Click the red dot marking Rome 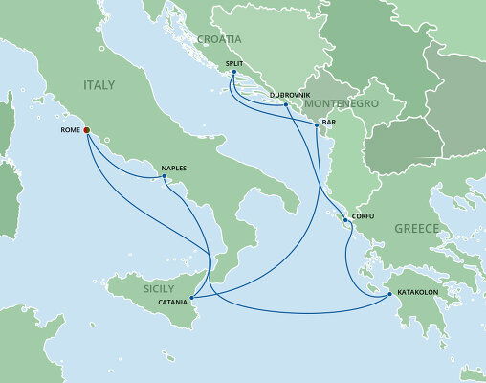click(x=85, y=130)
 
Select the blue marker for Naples click(x=164, y=176)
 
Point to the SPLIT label click(x=234, y=64)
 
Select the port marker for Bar click(x=317, y=124)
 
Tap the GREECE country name click(x=416, y=231)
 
